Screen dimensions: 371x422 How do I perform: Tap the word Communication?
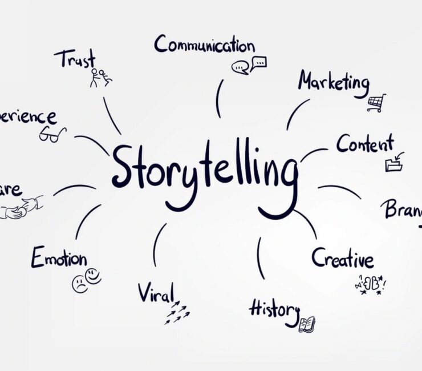pos(204,45)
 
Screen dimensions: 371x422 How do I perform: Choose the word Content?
pos(364,144)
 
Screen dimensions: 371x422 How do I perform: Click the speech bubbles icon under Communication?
pos(249,65)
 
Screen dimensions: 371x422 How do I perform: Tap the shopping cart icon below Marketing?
pos(376,102)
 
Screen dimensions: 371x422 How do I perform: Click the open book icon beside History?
pos(307,324)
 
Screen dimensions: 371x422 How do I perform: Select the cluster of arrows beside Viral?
pos(177,312)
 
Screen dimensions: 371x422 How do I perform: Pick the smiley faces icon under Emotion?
pos(86,281)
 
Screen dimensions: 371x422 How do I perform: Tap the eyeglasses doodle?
pos(52,134)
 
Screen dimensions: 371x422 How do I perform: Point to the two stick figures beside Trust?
pos(100,77)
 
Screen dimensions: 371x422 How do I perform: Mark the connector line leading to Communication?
pos(218,98)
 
